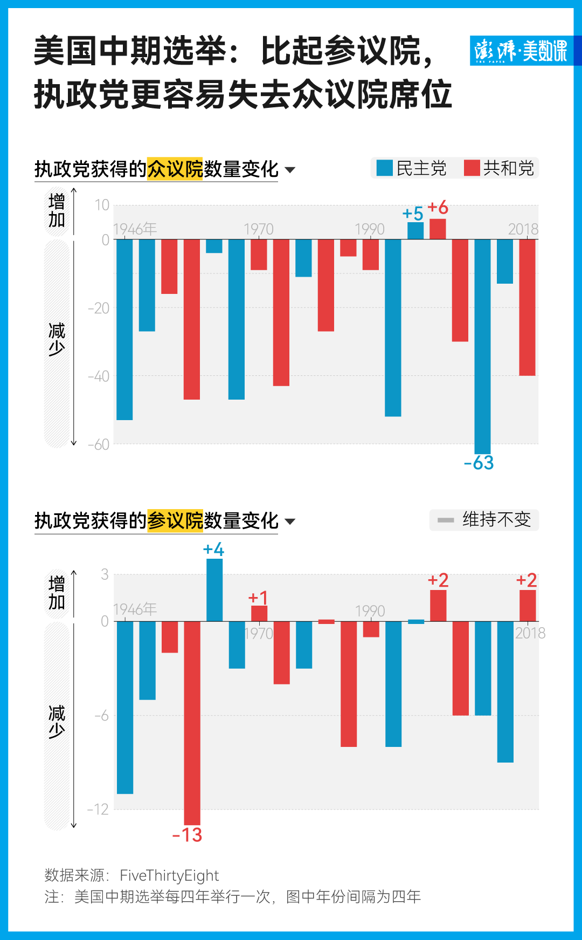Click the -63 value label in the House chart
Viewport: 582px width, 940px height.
click(479, 463)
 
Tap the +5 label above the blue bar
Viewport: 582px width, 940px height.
click(413, 214)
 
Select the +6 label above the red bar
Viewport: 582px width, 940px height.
click(438, 208)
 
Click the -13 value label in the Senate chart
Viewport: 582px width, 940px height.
click(187, 835)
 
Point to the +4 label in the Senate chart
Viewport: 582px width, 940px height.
click(213, 550)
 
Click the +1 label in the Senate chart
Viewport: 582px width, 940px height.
click(258, 598)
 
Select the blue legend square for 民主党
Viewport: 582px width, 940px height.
click(385, 168)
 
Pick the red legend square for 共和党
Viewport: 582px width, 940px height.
click(472, 168)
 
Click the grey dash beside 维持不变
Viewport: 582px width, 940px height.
click(446, 520)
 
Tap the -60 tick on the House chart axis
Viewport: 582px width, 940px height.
click(99, 445)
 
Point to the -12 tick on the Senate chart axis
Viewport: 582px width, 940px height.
click(98, 809)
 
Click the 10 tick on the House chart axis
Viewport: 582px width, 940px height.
click(102, 205)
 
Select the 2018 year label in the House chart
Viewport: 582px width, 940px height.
click(523, 229)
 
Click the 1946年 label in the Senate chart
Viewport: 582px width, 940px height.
click(135, 609)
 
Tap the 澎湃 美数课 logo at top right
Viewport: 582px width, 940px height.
click(521, 51)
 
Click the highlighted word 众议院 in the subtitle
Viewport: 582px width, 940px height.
click(175, 169)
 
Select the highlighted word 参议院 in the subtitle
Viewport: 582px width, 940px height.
click(175, 521)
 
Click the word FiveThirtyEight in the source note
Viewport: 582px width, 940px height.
click(169, 875)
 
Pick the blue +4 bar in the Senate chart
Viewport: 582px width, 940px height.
click(214, 590)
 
